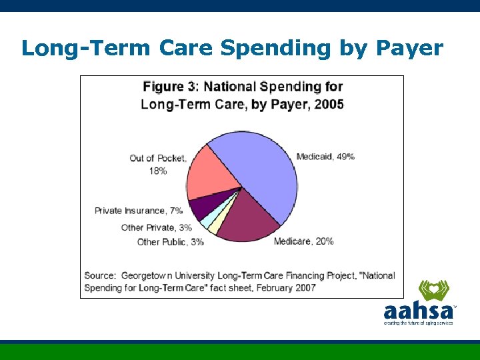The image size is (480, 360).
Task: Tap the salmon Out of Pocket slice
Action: pyautogui.click(x=210, y=173)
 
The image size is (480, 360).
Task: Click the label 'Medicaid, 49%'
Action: pyautogui.click(x=325, y=157)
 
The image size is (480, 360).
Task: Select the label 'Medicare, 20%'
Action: pyautogui.click(x=303, y=241)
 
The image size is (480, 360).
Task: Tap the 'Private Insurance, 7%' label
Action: pyautogui.click(x=138, y=211)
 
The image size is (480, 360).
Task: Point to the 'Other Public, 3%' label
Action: pyautogui.click(x=170, y=242)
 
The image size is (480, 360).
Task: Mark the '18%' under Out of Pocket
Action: pyautogui.click(x=158, y=171)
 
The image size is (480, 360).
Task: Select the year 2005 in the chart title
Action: pyautogui.click(x=328, y=105)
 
